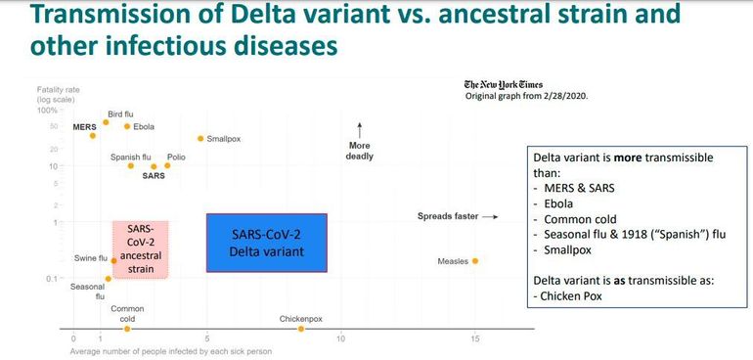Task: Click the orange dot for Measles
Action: click(475, 261)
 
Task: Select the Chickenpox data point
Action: click(301, 329)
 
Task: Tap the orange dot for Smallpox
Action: click(200, 139)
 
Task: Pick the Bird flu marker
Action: click(107, 122)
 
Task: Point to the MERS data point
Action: click(93, 136)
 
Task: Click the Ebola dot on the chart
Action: click(127, 126)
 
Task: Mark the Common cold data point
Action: click(127, 329)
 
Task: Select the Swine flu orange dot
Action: click(113, 261)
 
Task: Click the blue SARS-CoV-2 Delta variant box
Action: click(267, 243)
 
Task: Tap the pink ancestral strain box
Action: click(141, 249)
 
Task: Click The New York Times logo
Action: click(504, 84)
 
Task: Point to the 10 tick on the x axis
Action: click(341, 338)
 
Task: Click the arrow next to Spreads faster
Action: click(490, 217)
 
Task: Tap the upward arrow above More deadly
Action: click(359, 130)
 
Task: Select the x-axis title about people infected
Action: click(170, 351)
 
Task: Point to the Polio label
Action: click(176, 157)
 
